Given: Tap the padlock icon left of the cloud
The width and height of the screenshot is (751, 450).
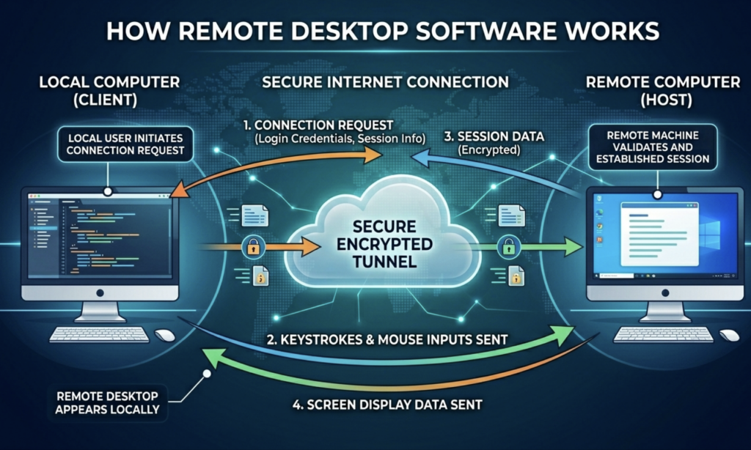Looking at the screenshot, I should (251, 246).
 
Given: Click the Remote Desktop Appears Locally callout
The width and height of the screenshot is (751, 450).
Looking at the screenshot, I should (108, 402).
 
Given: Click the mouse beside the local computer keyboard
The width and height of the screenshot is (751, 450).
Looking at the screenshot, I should (165, 335).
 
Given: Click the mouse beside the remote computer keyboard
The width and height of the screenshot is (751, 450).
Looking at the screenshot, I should (728, 335).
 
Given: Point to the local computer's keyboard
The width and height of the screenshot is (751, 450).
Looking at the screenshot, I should (100, 335).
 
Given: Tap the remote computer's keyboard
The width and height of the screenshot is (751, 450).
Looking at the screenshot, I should (662, 335).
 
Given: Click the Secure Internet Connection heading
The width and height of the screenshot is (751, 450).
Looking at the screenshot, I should (375, 82).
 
